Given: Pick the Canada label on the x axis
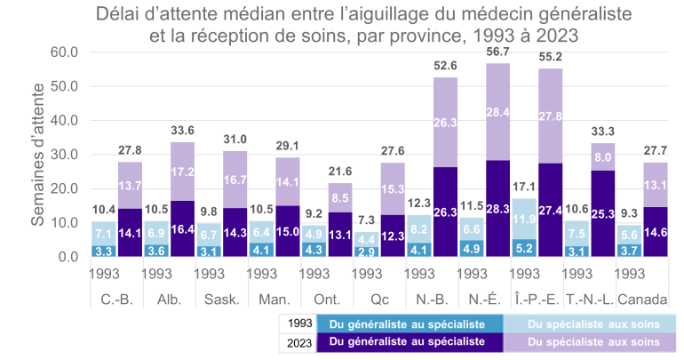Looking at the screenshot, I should (x=642, y=298).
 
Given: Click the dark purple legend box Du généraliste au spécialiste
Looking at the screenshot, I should (x=406, y=341).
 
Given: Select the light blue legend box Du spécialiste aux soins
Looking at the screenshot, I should (x=590, y=323).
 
